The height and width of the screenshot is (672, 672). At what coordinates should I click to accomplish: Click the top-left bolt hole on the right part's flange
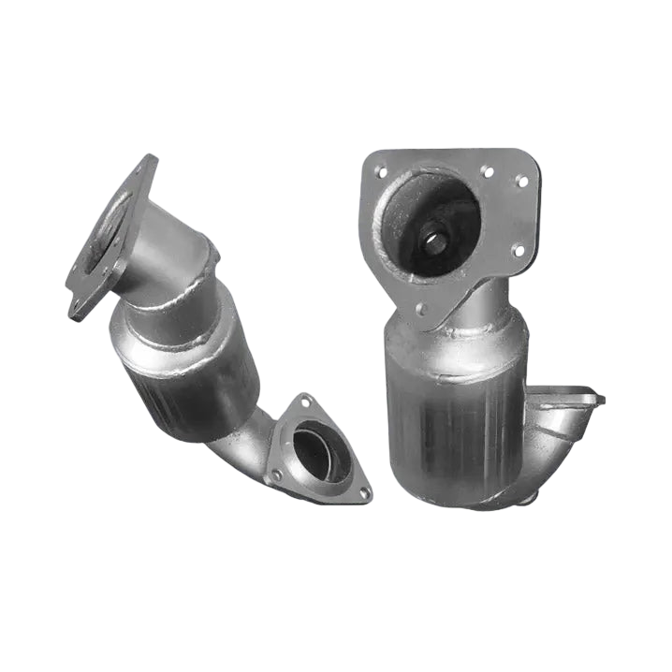coord(380,172)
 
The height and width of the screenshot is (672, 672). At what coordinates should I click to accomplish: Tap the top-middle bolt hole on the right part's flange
coord(486,171)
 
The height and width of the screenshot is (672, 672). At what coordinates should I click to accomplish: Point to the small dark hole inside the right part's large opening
coord(436,240)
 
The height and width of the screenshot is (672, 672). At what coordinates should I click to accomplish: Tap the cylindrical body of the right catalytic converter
coord(454,402)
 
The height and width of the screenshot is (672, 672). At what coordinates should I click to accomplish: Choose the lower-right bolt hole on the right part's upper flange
coord(517,249)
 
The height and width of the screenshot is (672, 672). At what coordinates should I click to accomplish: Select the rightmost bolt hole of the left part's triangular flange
coord(364,491)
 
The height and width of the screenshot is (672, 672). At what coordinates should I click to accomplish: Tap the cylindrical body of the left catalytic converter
coord(187,370)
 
